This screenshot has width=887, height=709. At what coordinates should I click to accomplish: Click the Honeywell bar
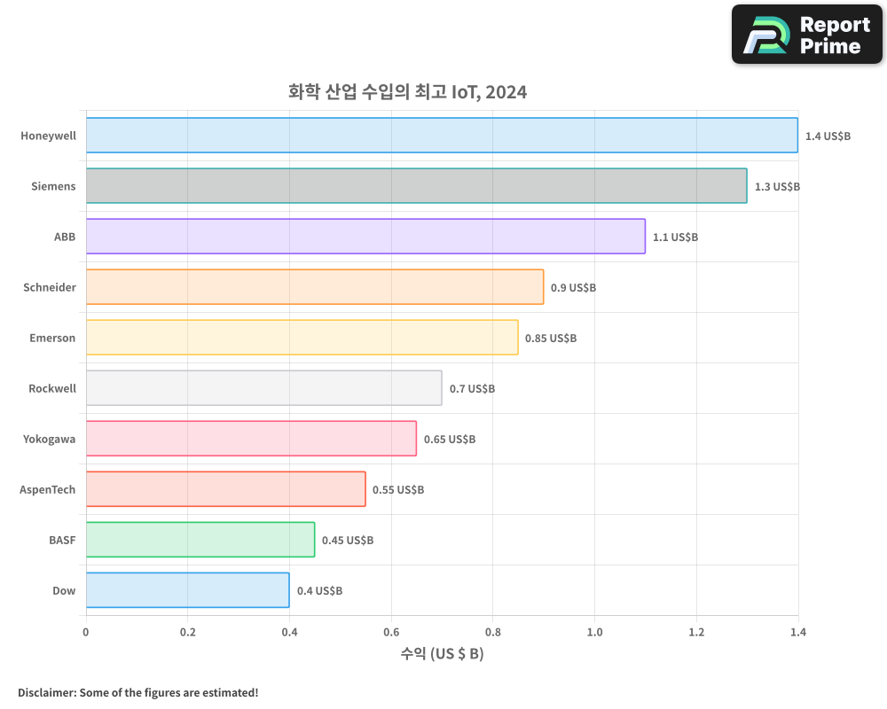tap(442, 136)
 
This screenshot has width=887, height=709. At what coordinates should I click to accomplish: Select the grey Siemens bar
tap(416, 186)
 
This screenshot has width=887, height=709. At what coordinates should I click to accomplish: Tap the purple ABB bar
tap(365, 237)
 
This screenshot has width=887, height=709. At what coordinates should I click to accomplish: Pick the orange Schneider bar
tap(315, 287)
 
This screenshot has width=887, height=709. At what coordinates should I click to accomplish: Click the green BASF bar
tap(200, 540)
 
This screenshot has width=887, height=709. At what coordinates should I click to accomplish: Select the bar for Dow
tap(188, 590)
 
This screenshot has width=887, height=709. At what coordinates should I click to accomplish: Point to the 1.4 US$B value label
tap(828, 136)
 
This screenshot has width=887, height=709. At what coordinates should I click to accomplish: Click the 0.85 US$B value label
tap(551, 339)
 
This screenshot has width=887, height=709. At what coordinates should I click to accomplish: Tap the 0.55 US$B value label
tap(398, 490)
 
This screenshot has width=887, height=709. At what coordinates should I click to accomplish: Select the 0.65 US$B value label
tap(450, 440)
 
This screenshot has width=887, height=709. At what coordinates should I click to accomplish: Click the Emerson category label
tap(53, 338)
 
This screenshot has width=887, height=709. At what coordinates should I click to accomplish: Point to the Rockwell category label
tap(52, 388)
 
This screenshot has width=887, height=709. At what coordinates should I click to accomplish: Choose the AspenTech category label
tap(48, 489)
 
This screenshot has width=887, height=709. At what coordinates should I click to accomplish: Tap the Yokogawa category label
tap(50, 439)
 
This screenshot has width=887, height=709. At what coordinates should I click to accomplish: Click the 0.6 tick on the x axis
tap(391, 633)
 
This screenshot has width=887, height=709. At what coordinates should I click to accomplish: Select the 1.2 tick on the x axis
tap(696, 633)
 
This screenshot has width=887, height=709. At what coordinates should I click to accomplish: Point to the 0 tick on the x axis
tap(86, 633)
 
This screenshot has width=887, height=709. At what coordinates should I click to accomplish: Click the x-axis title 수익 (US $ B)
tap(442, 654)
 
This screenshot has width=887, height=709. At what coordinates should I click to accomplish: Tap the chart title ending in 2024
tap(407, 91)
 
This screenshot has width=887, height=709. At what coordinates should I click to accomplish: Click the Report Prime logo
tap(807, 35)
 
